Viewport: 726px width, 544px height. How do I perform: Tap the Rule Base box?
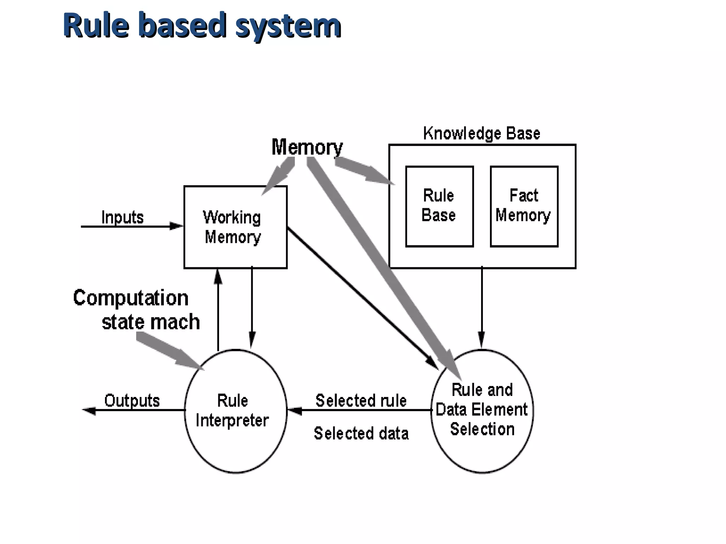point(439,206)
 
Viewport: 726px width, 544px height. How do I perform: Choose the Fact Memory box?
point(524,206)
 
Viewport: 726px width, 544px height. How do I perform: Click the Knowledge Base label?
point(481,134)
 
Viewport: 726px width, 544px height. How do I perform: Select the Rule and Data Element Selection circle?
point(482,411)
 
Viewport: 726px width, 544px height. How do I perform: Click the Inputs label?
point(122,217)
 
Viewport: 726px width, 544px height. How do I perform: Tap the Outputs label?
point(132,401)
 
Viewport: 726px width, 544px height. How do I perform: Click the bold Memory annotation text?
point(307,147)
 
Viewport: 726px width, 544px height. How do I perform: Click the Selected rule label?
point(361,401)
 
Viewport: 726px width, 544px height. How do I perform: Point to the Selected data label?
point(361,433)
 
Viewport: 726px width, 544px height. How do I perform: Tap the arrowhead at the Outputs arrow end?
point(89,410)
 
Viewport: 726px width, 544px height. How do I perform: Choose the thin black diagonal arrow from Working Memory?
point(362,297)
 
